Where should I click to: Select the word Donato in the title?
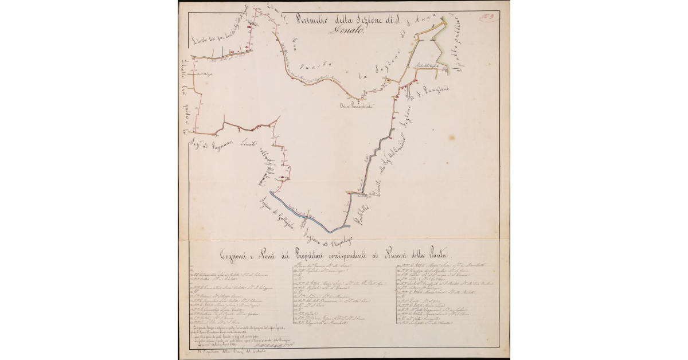[x=346, y=32]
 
